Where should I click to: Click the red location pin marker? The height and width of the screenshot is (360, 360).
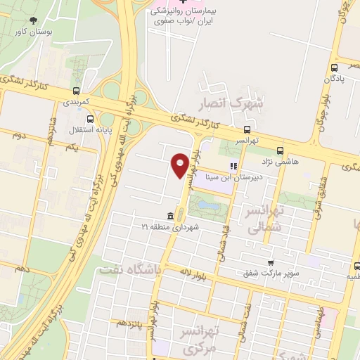click(180, 165)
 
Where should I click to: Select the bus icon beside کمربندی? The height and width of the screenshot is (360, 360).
click(75, 91)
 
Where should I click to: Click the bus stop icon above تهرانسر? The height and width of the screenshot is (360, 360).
click(247, 129)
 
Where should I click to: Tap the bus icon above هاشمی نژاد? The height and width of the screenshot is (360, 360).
click(281, 150)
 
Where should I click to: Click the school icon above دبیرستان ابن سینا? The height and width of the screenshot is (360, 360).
click(233, 167)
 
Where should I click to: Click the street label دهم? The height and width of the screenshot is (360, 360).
click(21, 269)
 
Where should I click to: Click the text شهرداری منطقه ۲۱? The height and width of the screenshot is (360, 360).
click(172, 227)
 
